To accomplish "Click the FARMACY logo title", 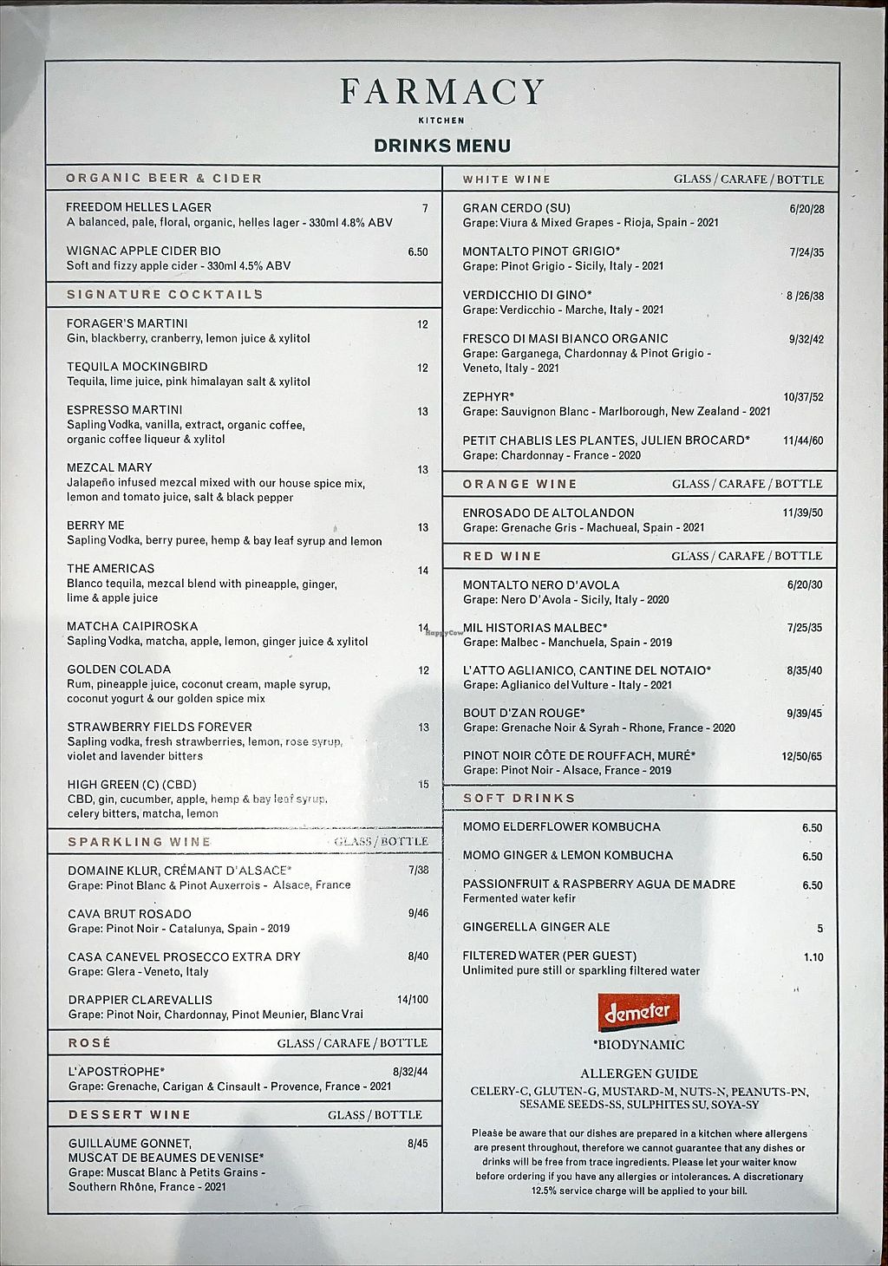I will (x=442, y=92).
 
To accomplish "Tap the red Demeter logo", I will (x=638, y=1012).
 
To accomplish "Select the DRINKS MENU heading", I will (x=442, y=146).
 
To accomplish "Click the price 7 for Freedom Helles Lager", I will (x=425, y=208).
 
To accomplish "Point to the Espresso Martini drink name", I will (x=125, y=410).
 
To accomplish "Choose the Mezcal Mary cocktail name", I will (x=109, y=468).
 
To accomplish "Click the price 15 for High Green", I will (x=423, y=785).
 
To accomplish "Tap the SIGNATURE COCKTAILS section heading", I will (x=165, y=295).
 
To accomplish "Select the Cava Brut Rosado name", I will (x=130, y=914).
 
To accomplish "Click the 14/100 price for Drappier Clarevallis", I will (x=413, y=1000).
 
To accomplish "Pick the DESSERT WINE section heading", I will (x=129, y=1115).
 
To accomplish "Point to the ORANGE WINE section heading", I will (x=519, y=484).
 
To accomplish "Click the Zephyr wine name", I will (x=489, y=397).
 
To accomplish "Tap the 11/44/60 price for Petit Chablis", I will (x=803, y=440).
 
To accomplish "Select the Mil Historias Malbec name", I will (x=535, y=628).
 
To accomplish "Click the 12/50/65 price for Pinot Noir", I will (x=802, y=756).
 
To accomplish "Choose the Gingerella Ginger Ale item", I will (x=536, y=928).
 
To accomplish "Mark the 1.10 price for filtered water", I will (x=813, y=957).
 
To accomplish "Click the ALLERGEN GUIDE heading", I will (x=639, y=1073).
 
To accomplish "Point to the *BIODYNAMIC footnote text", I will (x=639, y=1045).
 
